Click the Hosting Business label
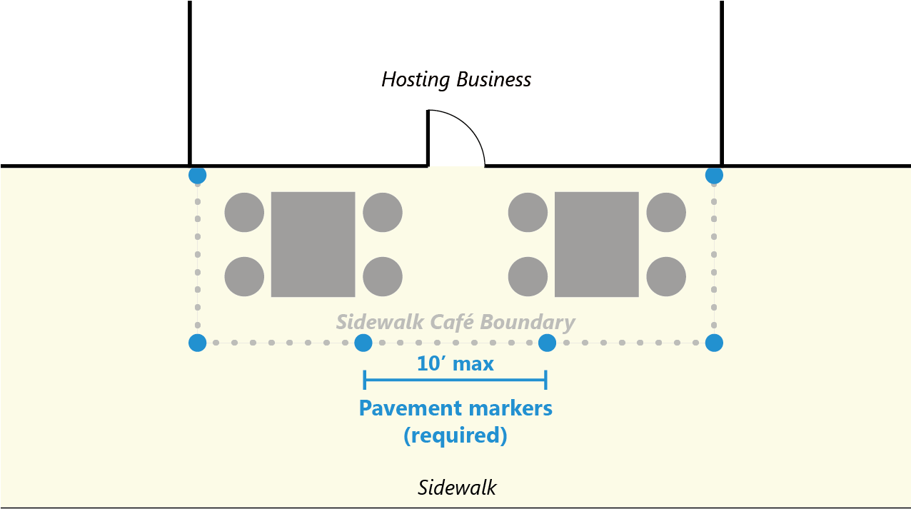tap(456, 79)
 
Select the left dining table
tap(313, 244)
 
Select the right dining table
tap(596, 244)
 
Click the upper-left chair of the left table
tap(244, 212)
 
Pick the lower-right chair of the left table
tap(383, 276)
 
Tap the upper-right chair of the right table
tap(666, 212)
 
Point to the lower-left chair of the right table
tap(528, 276)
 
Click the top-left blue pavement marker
tap(197, 175)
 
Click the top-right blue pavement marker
tap(714, 175)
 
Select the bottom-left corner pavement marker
tap(198, 343)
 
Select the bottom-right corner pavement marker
tap(714, 343)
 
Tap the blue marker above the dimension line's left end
tap(363, 343)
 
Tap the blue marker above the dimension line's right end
tap(547, 343)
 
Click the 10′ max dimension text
tap(455, 364)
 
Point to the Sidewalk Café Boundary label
tap(455, 322)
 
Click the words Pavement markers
tap(455, 408)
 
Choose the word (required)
tap(455, 435)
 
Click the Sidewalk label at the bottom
tap(457, 488)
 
